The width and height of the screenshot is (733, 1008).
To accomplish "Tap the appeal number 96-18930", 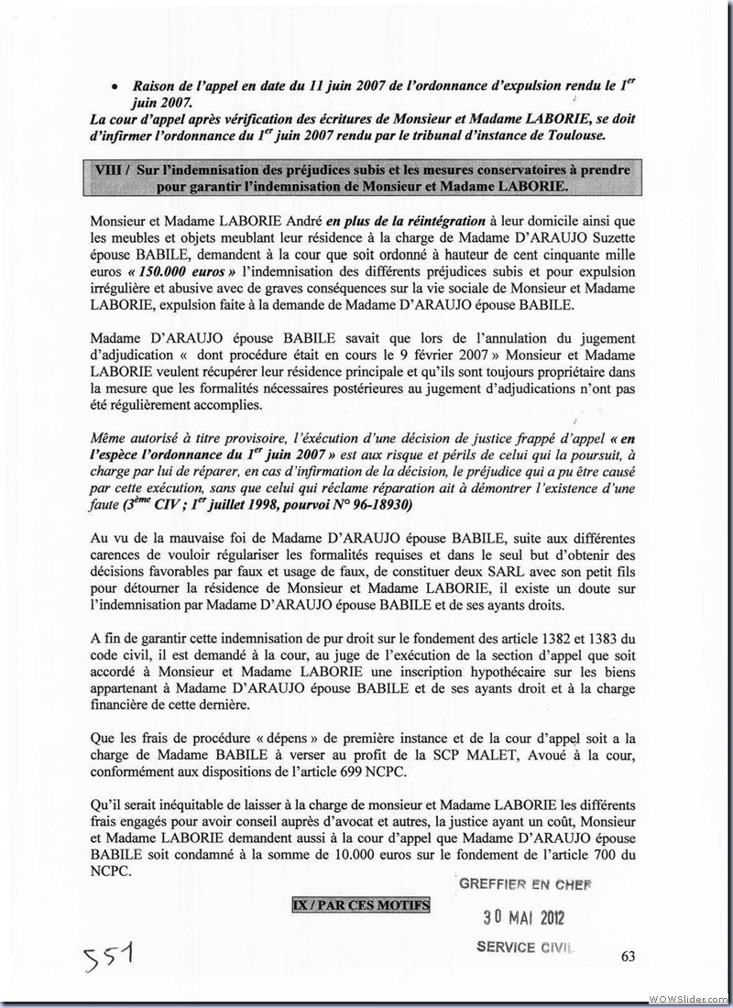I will point(380,505).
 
